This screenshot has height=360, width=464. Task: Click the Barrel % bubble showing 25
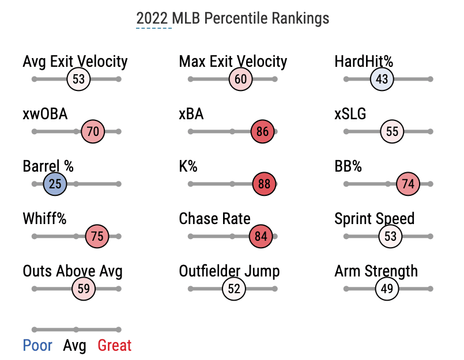[55, 184]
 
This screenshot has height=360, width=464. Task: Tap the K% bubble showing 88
[265, 184]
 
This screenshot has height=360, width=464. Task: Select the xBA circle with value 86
[263, 132]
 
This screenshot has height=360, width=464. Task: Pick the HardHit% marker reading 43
[382, 79]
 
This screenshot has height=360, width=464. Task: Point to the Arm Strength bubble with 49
[387, 289]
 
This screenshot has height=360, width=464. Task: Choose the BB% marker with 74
[408, 184]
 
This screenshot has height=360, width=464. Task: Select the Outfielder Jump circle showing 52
[234, 289]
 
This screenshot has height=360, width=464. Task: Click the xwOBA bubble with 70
[93, 132]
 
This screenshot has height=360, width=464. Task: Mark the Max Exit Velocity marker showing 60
[240, 79]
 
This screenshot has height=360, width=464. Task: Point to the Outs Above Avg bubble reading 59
[84, 289]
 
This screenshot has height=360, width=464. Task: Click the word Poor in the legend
[37, 346]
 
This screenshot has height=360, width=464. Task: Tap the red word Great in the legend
[114, 346]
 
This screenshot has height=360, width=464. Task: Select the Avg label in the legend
[75, 346]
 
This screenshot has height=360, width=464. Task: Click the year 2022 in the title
[154, 18]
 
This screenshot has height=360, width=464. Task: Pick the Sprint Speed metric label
[374, 219]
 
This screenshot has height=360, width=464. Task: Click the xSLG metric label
[350, 114]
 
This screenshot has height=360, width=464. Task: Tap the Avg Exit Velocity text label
[75, 62]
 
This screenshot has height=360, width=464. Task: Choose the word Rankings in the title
[299, 18]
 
